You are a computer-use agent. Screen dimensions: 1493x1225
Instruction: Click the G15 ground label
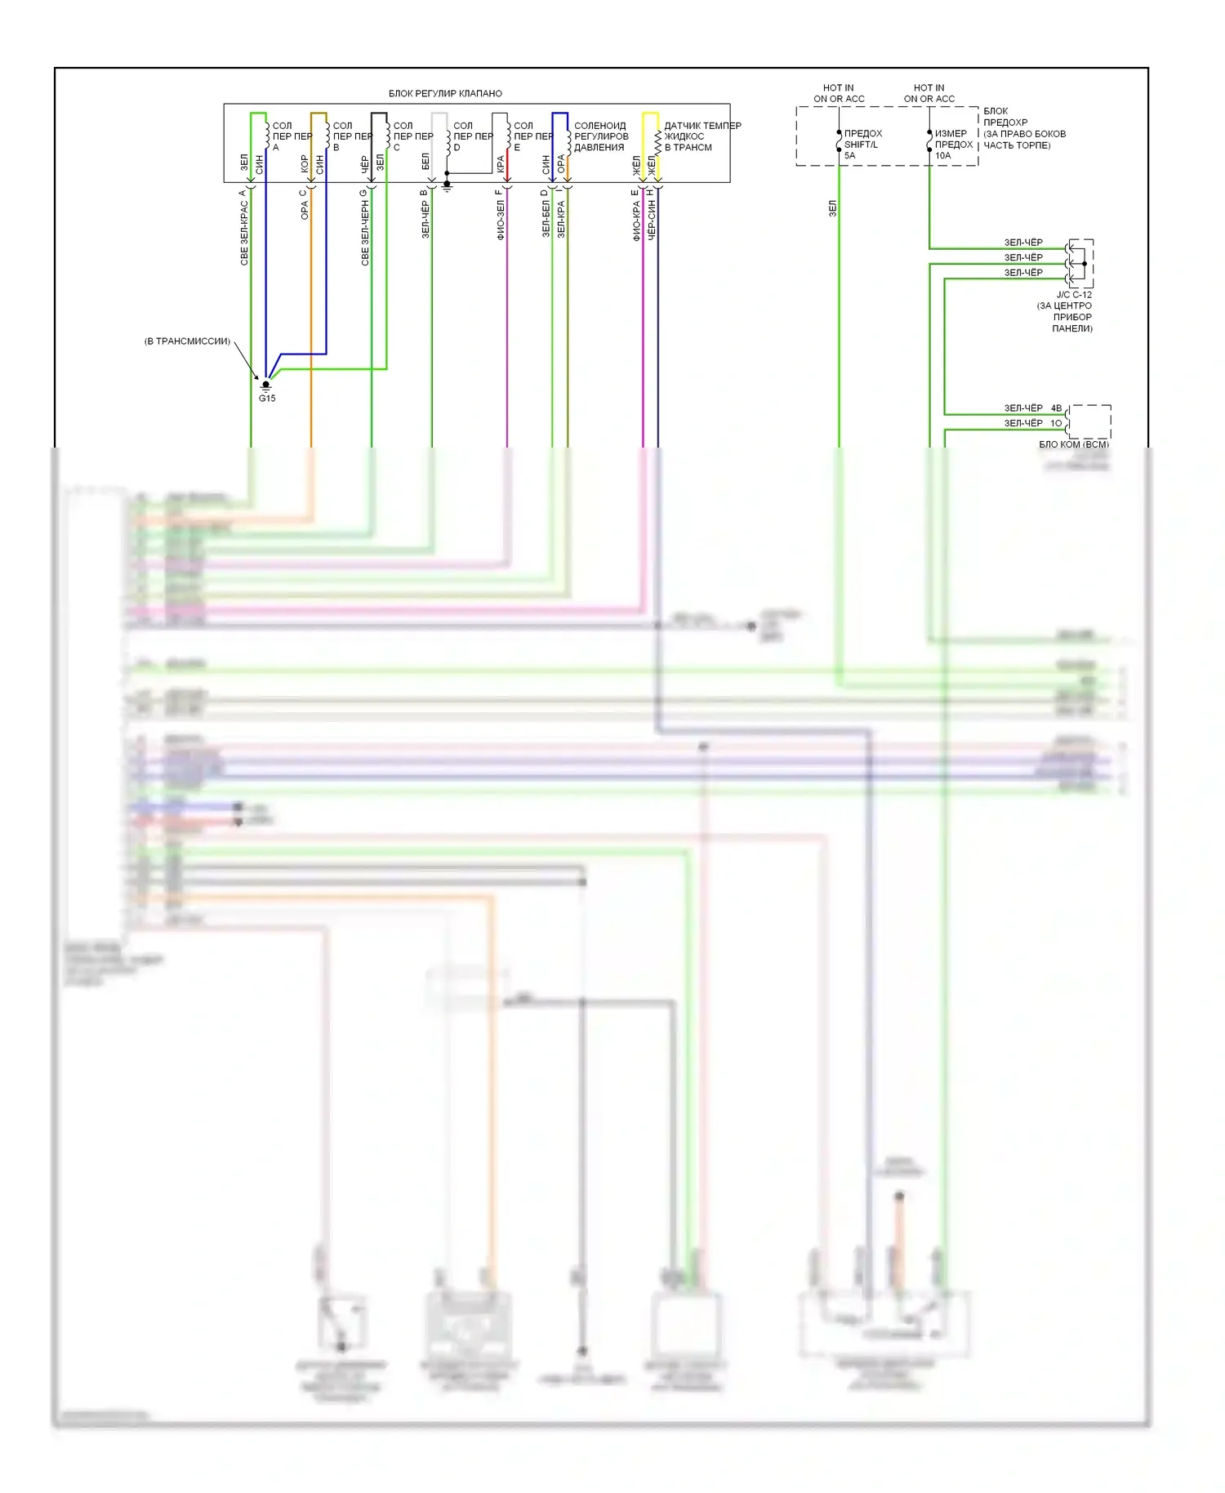tap(267, 398)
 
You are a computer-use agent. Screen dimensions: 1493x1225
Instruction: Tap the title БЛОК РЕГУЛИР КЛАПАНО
tap(445, 93)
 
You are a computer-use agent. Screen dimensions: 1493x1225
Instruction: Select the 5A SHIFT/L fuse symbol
tap(839, 142)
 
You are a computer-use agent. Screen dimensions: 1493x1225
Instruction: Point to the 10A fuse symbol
tap(929, 142)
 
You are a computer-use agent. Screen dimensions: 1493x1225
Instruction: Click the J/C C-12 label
tap(1074, 295)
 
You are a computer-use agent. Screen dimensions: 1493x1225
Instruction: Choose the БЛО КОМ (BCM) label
tap(1073, 444)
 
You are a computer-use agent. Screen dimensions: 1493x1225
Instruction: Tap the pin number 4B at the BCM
tap(1056, 408)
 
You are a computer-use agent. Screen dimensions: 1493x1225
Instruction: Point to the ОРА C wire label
tap(305, 204)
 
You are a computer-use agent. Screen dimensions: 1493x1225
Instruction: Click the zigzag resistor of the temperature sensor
tap(658, 143)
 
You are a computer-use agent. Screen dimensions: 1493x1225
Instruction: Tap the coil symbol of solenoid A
tap(267, 136)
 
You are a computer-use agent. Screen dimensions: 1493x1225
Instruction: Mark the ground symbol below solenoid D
tap(447, 187)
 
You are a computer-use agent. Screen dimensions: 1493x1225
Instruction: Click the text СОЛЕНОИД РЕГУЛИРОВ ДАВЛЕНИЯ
tap(601, 136)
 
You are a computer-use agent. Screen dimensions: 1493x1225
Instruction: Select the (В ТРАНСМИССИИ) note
tap(187, 341)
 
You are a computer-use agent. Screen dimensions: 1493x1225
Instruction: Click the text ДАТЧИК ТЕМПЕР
tap(702, 126)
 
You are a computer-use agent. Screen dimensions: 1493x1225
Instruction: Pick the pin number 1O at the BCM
tap(1056, 423)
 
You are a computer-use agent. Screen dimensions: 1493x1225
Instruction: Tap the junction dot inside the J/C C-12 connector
tap(1085, 264)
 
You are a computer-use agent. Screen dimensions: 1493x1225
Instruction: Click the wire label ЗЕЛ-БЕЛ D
tap(546, 213)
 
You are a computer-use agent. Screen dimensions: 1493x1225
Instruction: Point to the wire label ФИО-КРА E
tap(635, 215)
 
